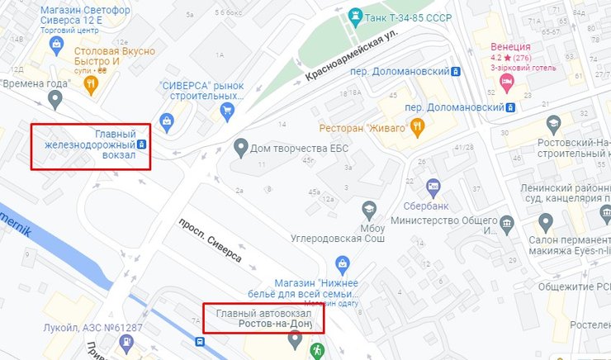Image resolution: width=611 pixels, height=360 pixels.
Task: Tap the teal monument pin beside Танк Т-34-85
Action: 355,15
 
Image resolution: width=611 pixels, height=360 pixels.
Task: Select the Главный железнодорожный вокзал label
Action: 91,145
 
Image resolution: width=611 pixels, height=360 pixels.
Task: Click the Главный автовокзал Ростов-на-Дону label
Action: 263,318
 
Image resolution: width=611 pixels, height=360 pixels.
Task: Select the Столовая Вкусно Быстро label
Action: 116,56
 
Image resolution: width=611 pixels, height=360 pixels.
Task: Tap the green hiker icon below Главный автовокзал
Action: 316,350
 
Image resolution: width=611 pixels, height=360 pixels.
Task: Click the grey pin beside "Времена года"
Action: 55,101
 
